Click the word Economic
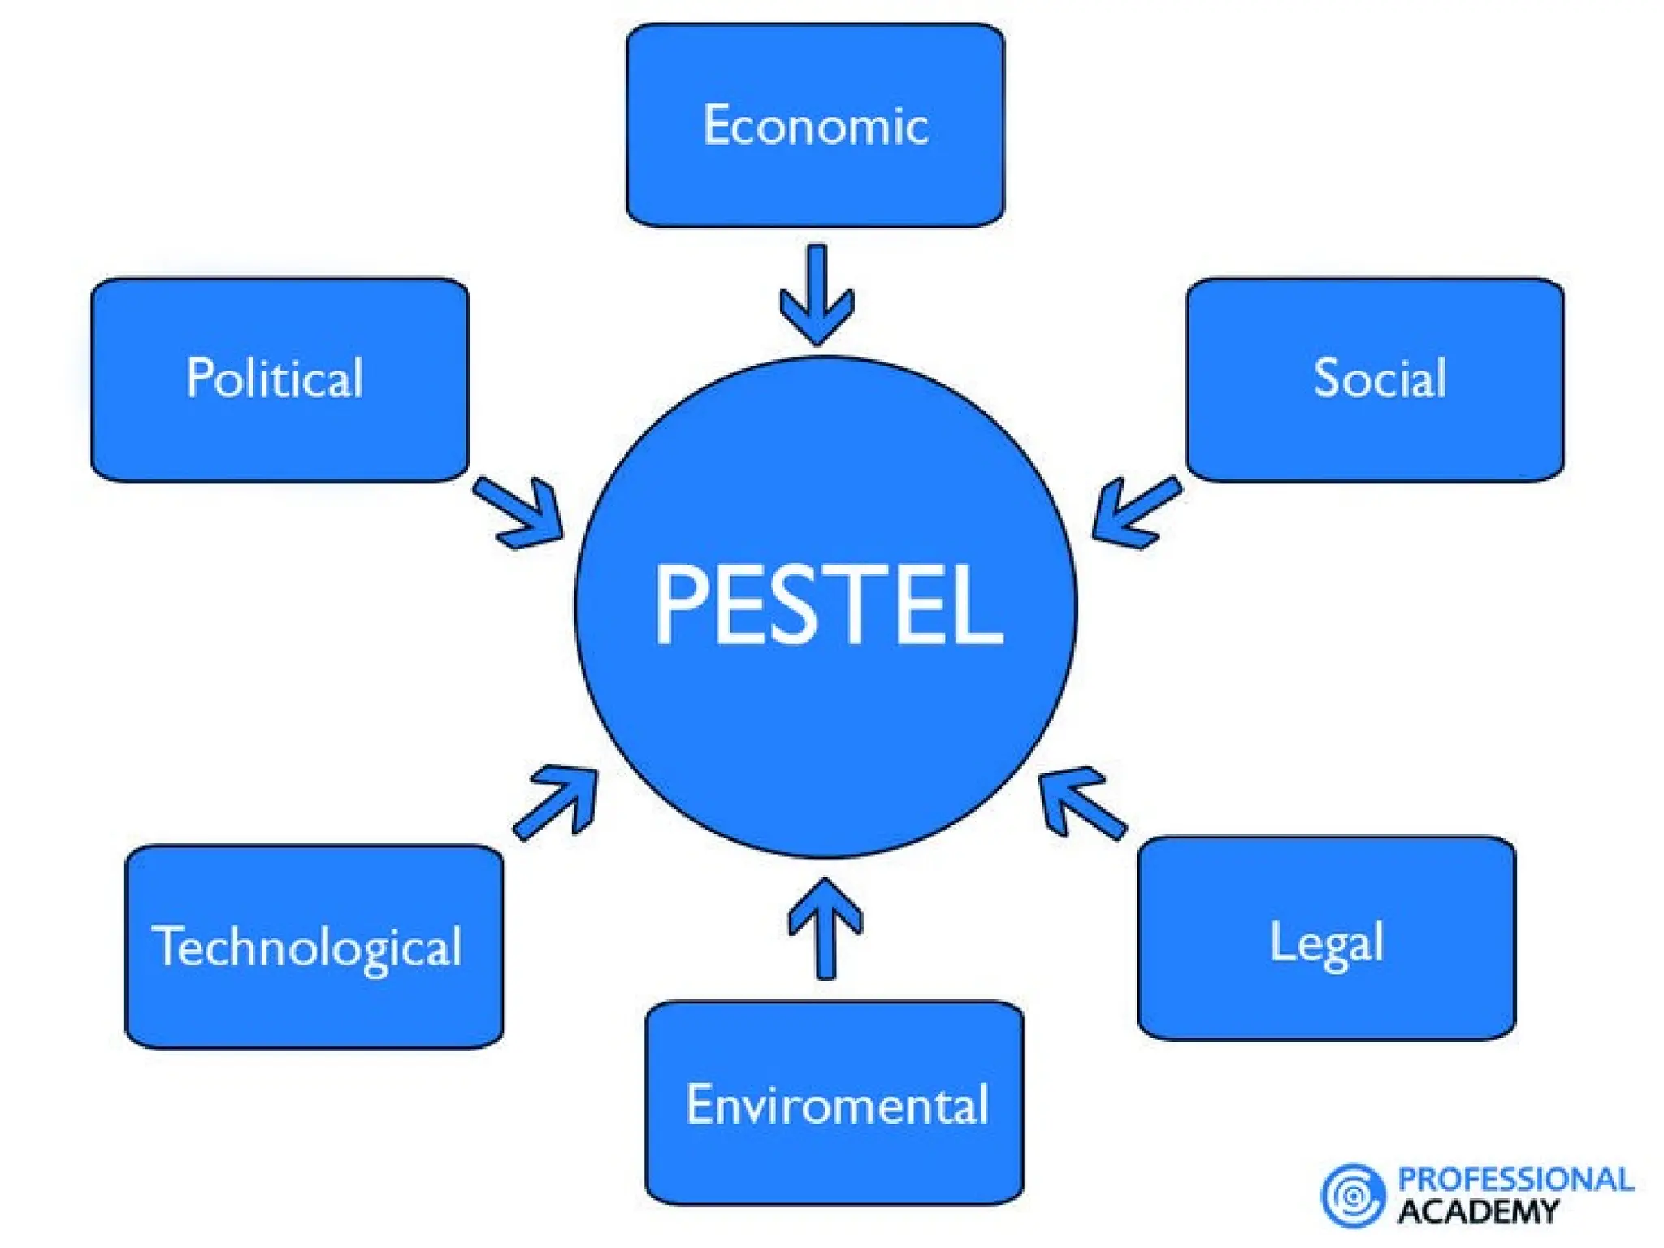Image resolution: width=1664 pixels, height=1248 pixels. click(x=816, y=126)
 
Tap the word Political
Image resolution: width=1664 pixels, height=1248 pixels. click(x=275, y=378)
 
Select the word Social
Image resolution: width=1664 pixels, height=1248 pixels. click(x=1380, y=378)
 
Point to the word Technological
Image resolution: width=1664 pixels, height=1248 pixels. click(x=307, y=947)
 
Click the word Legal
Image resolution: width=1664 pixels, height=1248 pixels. click(x=1326, y=942)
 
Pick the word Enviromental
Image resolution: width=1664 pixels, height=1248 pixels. click(x=837, y=1105)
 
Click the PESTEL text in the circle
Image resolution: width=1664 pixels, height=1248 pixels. click(x=829, y=605)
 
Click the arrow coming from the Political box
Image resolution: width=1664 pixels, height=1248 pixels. click(x=520, y=512)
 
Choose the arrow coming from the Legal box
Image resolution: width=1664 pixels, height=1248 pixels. click(x=1081, y=800)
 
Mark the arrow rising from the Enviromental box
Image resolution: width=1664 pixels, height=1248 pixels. click(x=825, y=926)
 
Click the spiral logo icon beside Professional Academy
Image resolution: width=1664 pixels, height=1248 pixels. click(x=1352, y=1195)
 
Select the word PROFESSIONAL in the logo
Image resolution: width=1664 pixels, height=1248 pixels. click(x=1515, y=1180)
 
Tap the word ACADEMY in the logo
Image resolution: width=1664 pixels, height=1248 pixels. click(x=1478, y=1211)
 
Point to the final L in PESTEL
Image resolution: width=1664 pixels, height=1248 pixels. click(x=979, y=605)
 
